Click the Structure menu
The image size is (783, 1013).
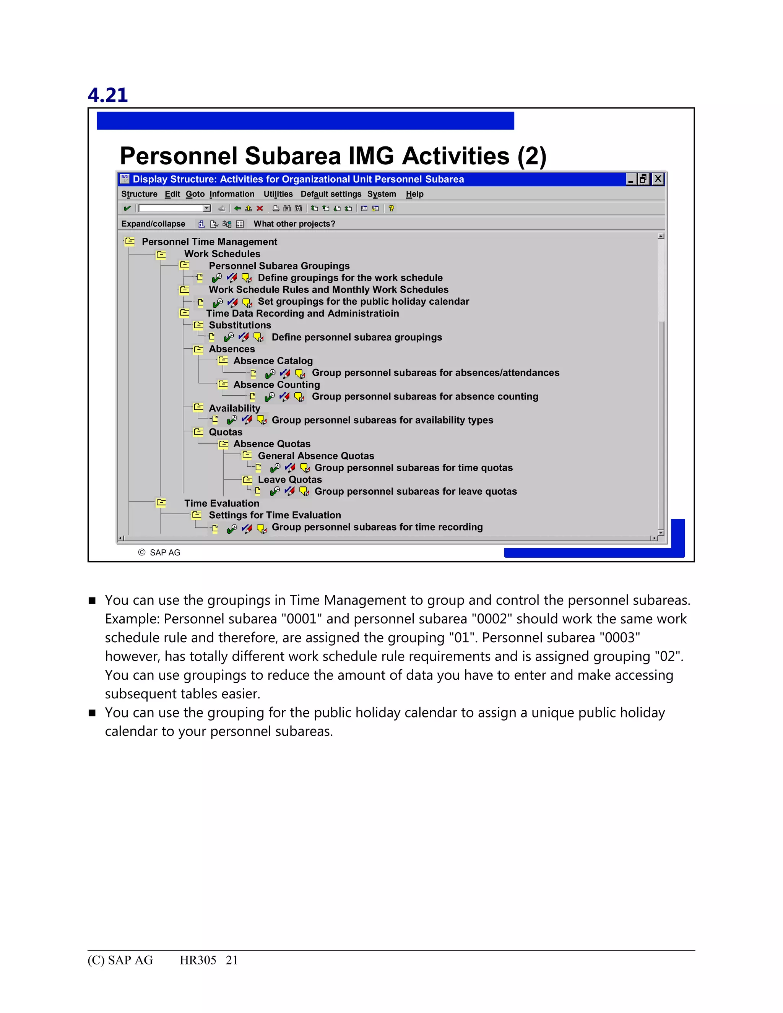139,194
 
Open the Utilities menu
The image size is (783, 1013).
278,194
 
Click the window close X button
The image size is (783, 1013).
658,179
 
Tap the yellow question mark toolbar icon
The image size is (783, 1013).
391,209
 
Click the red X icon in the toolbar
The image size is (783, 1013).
260,209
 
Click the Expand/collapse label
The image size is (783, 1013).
153,224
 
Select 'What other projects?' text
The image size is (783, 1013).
294,224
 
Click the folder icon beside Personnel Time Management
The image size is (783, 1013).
130,242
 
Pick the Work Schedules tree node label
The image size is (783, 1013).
222,254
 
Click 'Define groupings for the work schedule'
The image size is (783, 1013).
350,278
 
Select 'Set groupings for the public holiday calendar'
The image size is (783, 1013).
363,302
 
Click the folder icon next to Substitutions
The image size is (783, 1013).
198,325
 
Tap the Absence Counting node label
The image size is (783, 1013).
276,385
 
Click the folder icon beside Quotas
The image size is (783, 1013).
198,432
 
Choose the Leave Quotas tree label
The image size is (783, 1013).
289,480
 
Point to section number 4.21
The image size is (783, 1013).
107,95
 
